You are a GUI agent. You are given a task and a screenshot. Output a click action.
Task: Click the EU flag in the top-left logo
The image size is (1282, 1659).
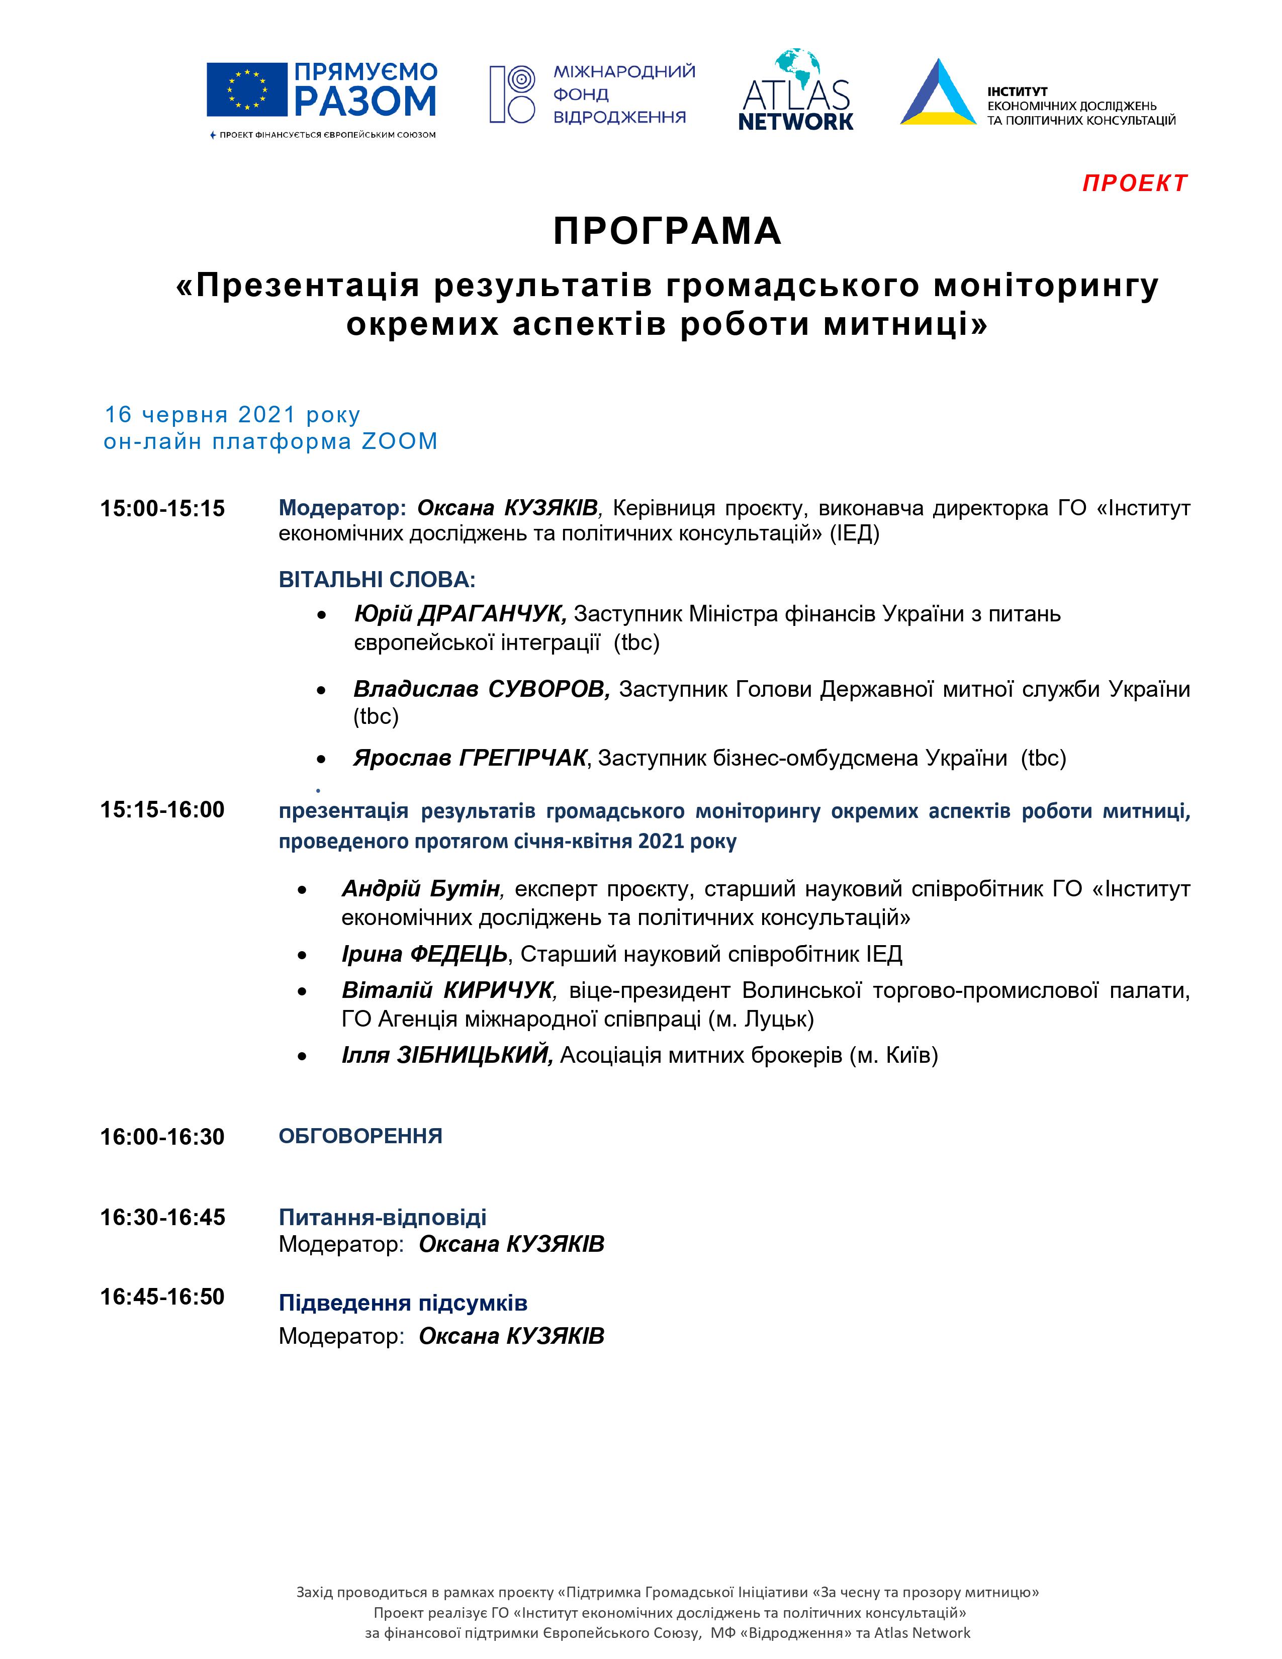coord(247,89)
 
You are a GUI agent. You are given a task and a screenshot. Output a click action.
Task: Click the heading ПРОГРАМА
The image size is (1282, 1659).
coord(667,231)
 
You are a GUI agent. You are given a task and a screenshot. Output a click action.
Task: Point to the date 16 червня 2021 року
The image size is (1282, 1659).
coord(232,415)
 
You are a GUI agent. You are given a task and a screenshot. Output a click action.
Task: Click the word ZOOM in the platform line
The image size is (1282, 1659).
coord(400,441)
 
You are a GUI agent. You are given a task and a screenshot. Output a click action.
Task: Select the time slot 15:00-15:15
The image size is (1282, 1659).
coord(162,508)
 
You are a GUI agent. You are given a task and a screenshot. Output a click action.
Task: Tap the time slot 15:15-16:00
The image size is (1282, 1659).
coord(162,810)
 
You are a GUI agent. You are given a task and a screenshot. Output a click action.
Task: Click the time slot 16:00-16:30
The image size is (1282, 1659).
coord(162,1137)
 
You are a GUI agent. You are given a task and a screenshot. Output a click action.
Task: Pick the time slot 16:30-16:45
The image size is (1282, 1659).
coord(162,1218)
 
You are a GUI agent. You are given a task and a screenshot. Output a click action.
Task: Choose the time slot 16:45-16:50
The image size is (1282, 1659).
coord(162,1297)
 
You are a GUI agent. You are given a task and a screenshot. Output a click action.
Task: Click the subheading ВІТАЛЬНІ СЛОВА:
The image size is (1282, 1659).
coord(377,580)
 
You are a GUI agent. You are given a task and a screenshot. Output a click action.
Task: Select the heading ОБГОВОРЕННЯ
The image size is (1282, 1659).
coord(360,1136)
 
